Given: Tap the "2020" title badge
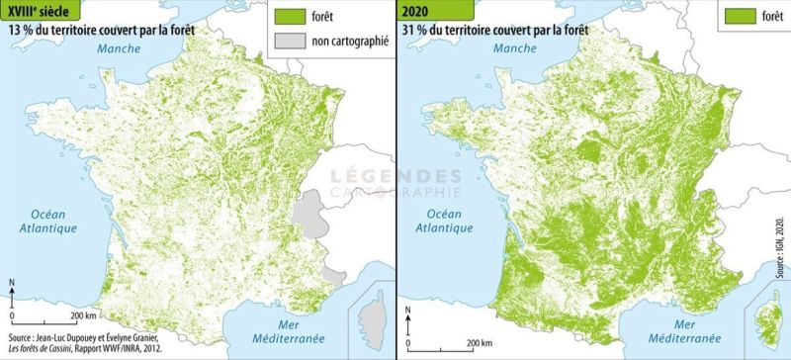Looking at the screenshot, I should (x=418, y=11).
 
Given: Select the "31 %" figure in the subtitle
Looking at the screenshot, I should (x=414, y=30).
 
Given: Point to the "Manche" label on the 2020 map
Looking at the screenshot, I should (x=507, y=47).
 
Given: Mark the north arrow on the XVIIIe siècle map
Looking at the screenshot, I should (x=11, y=290).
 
